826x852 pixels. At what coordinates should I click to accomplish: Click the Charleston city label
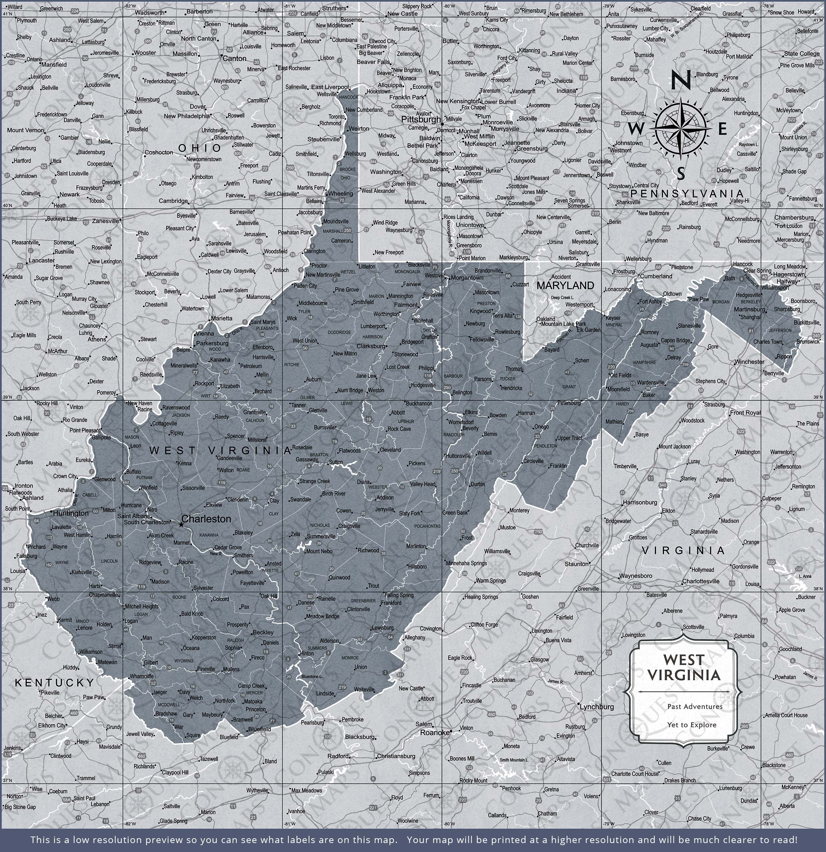206,519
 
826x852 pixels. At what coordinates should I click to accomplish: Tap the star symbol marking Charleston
181,525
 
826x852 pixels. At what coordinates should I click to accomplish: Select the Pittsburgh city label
421,119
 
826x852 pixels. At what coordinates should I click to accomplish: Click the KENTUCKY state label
55,683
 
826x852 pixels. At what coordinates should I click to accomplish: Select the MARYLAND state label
565,285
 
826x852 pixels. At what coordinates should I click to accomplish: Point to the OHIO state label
200,148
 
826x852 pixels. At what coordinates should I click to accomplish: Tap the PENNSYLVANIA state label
687,194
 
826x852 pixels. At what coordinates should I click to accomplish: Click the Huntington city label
71,513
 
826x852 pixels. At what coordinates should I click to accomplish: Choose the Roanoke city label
434,732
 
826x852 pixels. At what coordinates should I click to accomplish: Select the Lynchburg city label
597,706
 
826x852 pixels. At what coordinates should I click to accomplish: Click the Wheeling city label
341,194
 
